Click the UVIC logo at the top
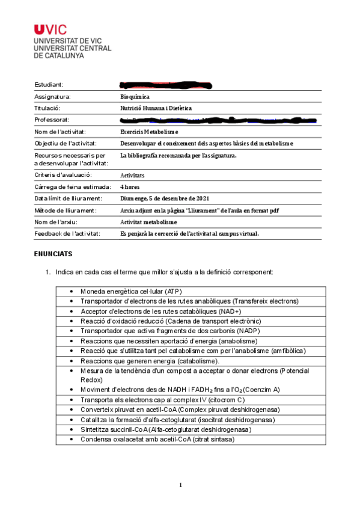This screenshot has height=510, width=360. coord(50,29)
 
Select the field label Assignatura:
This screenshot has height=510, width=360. coord(53,97)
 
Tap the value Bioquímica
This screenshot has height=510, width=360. coord(135,97)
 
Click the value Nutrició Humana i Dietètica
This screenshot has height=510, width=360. coord(156,108)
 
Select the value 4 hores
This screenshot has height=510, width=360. coord(131,186)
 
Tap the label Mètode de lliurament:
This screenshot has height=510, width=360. coord(66,210)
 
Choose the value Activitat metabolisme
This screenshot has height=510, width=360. coord(148,222)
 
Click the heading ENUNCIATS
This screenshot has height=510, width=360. coord(54,254)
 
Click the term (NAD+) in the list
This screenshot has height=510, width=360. coord(229,311)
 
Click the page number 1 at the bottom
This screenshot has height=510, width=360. coord(180,485)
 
